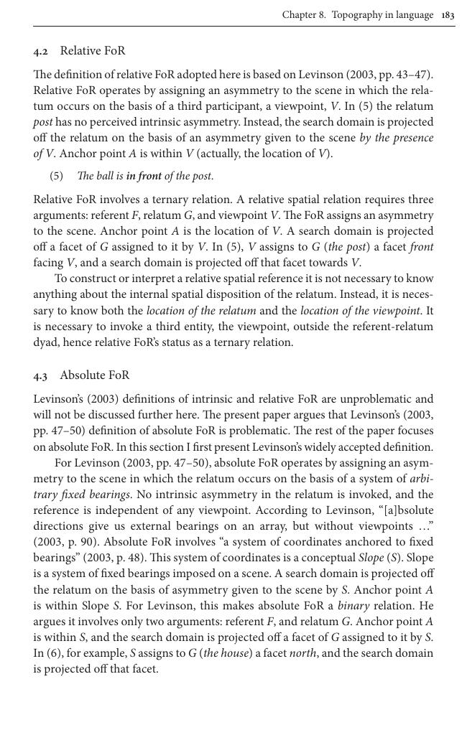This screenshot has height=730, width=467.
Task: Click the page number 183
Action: point(448,14)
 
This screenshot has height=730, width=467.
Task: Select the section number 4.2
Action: point(41,51)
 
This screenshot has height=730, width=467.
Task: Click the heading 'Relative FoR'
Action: point(93,51)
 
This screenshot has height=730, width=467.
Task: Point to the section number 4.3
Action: point(41,375)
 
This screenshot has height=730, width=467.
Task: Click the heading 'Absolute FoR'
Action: point(95,375)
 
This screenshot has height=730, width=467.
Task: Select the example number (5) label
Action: point(57,176)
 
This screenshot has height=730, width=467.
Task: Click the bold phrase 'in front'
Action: point(144,176)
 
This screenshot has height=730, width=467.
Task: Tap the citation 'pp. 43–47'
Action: point(407,75)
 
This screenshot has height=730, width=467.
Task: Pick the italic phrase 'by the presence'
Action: point(396,138)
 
